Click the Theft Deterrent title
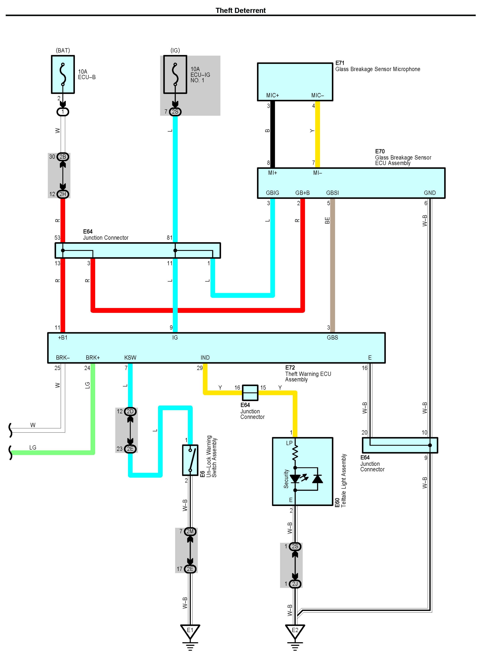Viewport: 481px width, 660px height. [240, 10]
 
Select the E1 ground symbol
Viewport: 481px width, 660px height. [190, 632]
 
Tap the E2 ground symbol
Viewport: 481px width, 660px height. [295, 632]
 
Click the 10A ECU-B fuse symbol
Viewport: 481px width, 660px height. [63, 74]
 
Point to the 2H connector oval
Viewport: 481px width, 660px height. [63, 194]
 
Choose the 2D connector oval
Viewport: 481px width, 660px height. [130, 411]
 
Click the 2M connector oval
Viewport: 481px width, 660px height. [190, 531]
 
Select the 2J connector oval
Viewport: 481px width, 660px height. [295, 584]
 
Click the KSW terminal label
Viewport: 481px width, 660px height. [130, 358]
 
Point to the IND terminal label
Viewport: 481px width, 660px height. [205, 358]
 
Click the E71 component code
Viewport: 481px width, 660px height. [340, 63]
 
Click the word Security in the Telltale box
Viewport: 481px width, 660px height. [286, 479]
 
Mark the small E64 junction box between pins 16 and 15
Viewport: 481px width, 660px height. [250, 393]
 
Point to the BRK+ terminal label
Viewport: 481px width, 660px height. [93, 358]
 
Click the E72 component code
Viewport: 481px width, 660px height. [290, 368]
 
